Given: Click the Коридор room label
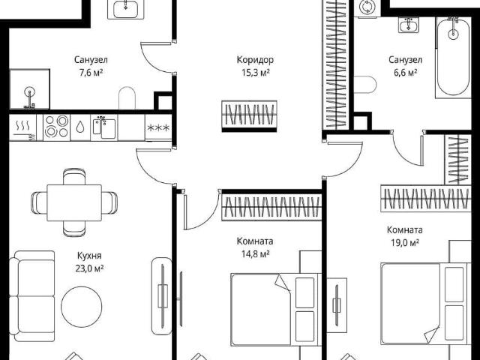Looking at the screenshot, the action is pyautogui.click(x=255, y=60).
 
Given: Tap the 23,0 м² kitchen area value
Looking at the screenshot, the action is pyautogui.click(x=89, y=268).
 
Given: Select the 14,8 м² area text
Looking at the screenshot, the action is pyautogui.click(x=255, y=254).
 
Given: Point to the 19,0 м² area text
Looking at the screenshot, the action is pyautogui.click(x=405, y=243).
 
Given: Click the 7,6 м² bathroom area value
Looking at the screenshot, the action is pyautogui.click(x=91, y=73).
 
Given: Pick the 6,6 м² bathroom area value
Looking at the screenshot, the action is pyautogui.click(x=405, y=73).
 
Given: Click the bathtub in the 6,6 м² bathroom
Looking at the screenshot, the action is pyautogui.click(x=453, y=57).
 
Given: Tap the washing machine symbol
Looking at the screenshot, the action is pyautogui.click(x=367, y=7).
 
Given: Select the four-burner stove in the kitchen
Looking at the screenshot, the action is pyautogui.click(x=57, y=127).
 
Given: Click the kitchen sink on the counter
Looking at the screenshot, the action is pyautogui.click(x=104, y=127).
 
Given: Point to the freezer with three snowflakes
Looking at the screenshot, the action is pyautogui.click(x=158, y=127).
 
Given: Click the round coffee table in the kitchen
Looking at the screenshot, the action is pyautogui.click(x=82, y=307).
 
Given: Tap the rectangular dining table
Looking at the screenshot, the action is pyautogui.click(x=74, y=202).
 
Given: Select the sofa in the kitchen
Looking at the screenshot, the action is pyautogui.click(x=31, y=296).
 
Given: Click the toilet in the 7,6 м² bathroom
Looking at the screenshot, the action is pyautogui.click(x=127, y=98).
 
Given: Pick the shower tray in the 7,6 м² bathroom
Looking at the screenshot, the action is pyautogui.click(x=29, y=89).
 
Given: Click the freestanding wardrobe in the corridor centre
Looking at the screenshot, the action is pyautogui.click(x=249, y=116).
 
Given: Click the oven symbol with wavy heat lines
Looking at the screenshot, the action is pyautogui.click(x=23, y=127).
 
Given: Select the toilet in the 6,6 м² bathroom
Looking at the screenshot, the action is pyautogui.click(x=365, y=85).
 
